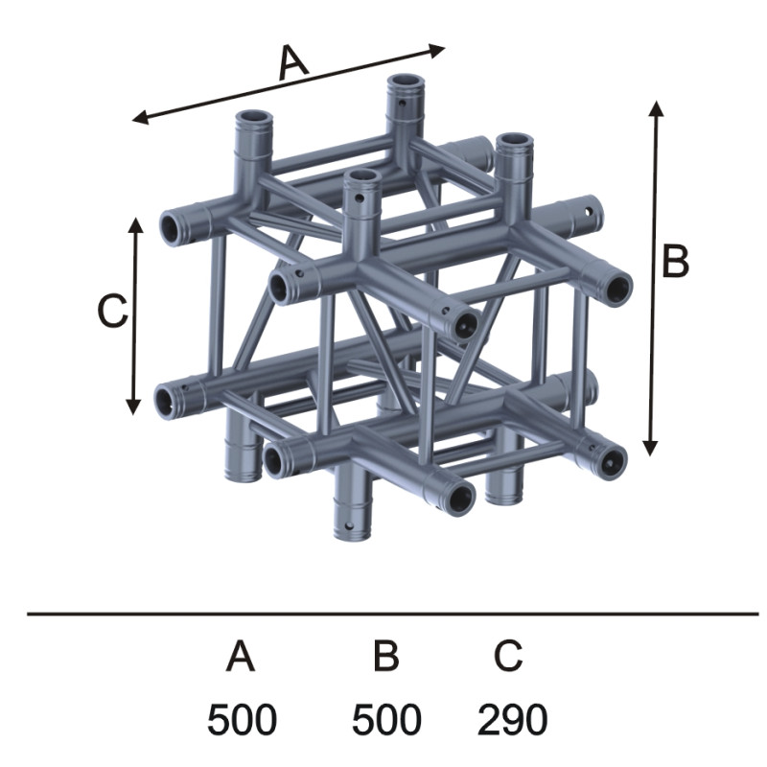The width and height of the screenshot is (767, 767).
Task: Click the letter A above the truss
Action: tap(293, 63)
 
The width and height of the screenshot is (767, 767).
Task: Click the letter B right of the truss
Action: tap(675, 261)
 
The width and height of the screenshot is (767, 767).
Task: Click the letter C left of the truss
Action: tap(113, 312)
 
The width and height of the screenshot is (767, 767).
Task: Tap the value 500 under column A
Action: tap(243, 720)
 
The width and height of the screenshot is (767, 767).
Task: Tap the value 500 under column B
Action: tap(386, 720)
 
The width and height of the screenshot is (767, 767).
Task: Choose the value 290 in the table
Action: tap(512, 720)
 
